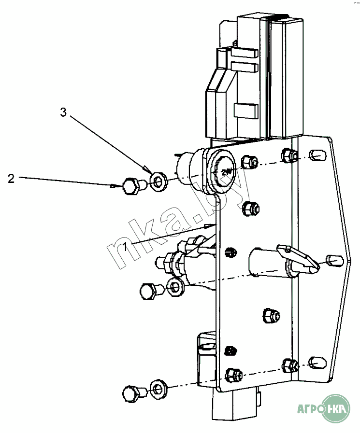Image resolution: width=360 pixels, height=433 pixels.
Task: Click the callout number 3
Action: [63, 112]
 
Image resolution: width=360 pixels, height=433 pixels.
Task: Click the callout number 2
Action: [11, 179]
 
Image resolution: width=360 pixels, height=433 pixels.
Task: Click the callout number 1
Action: [125, 247]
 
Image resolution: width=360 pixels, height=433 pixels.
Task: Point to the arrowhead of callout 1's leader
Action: [210, 226]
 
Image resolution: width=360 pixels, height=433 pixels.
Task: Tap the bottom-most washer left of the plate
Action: [158, 389]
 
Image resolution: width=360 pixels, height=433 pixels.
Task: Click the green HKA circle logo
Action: [336, 408]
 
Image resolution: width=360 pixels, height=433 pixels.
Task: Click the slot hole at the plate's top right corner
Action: [317, 155]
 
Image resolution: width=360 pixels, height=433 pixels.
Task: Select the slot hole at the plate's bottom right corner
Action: [317, 363]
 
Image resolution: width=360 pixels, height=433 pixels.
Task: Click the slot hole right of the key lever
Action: [335, 261]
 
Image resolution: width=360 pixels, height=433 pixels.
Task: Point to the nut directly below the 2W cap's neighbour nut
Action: [250, 208]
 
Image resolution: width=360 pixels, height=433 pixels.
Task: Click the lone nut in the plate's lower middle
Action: [271, 315]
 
